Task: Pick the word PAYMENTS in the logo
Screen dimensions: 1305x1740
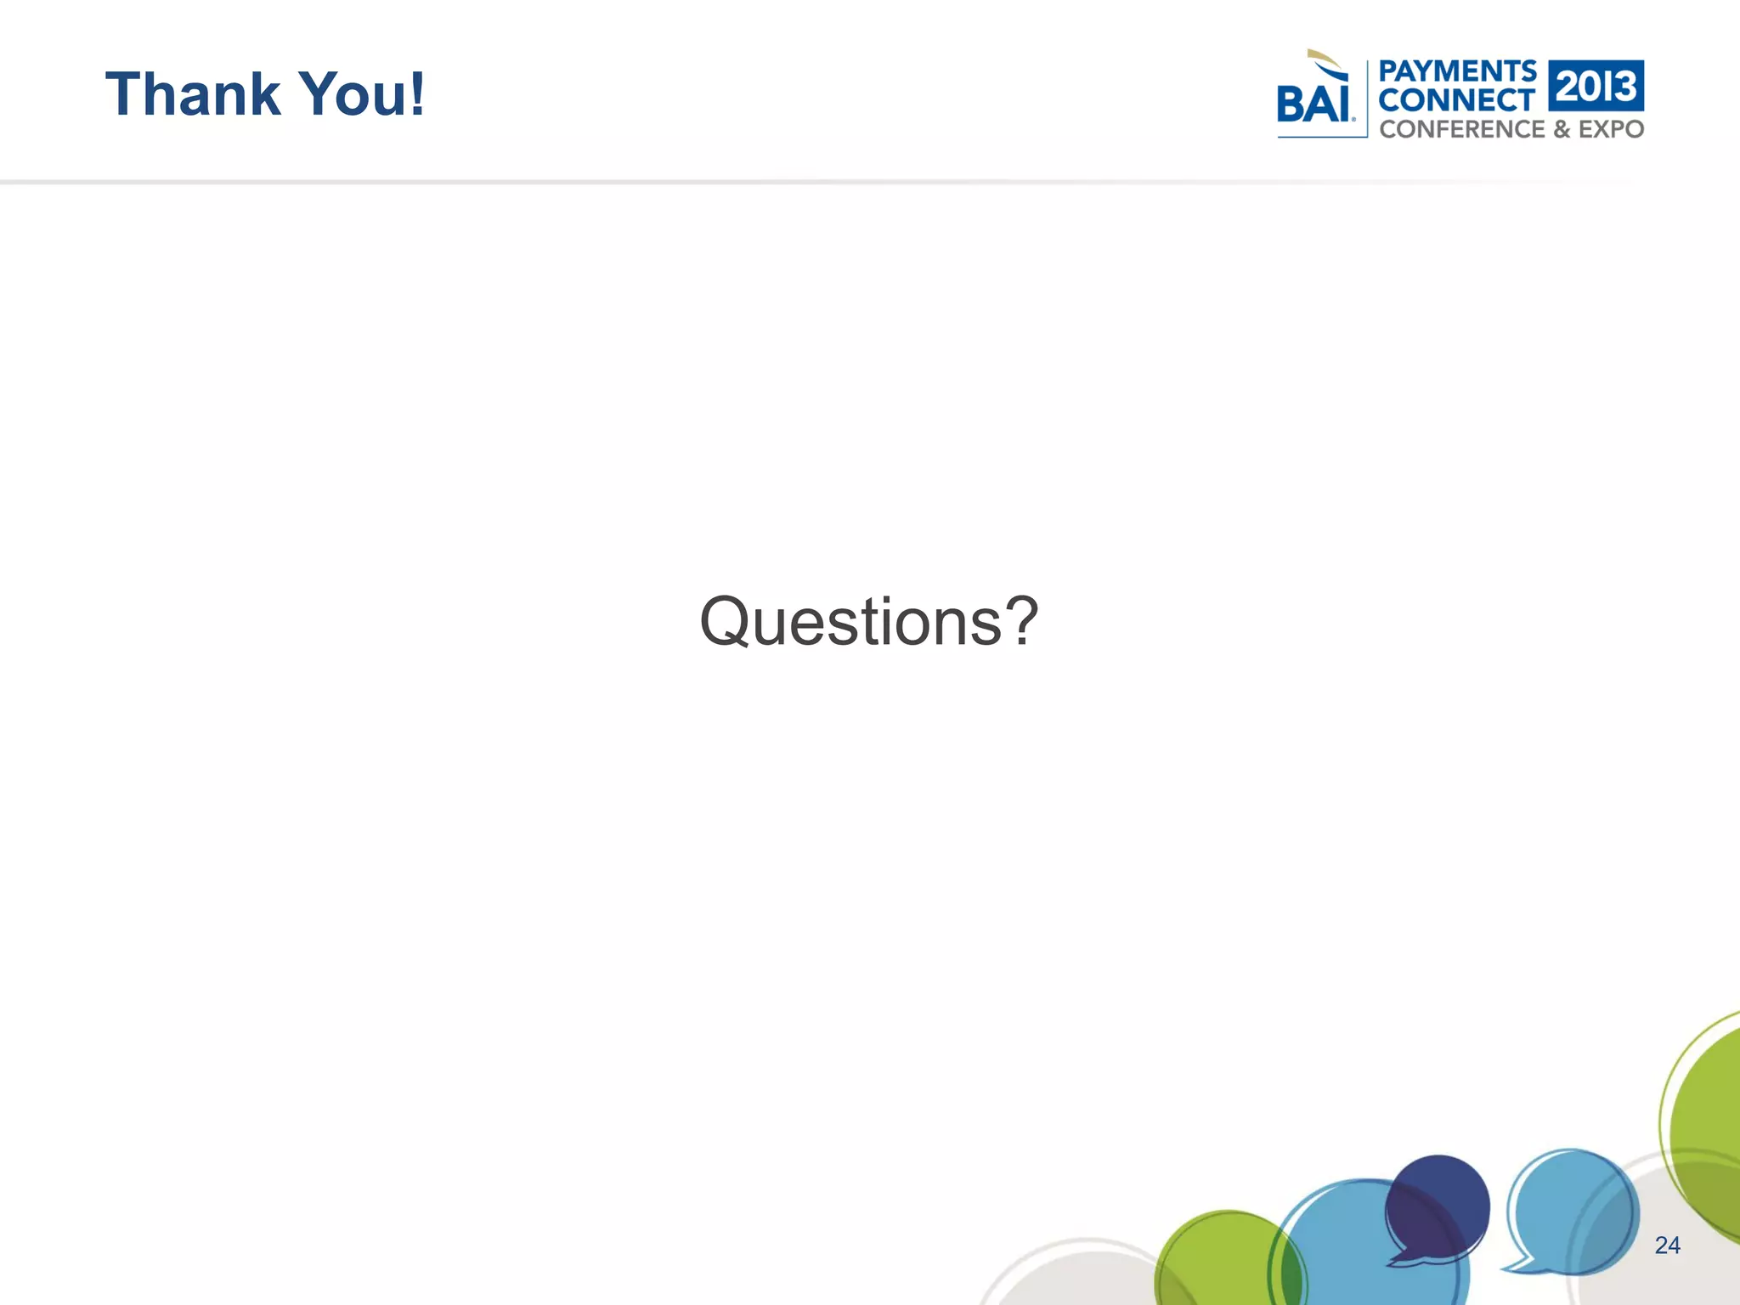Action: pos(1457,71)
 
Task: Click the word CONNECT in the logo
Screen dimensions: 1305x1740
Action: pos(1456,100)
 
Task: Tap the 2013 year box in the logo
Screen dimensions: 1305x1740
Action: pos(1596,86)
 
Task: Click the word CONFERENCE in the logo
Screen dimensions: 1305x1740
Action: pos(1462,129)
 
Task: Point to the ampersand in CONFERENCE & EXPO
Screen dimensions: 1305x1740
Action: pos(1562,129)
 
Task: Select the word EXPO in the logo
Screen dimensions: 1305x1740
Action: pos(1611,129)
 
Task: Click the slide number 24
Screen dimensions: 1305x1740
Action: pos(1667,1246)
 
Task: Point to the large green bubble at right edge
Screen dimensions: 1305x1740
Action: pos(1708,1121)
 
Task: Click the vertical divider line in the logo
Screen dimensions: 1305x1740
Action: pos(1367,99)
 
